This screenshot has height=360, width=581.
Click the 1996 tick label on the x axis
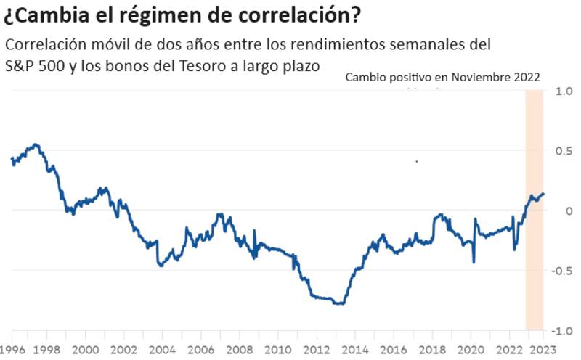click(12, 348)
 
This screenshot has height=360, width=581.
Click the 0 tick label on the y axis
click(569, 210)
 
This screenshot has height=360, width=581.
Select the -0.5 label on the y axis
click(561, 271)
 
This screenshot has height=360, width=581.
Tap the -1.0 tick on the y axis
click(561, 331)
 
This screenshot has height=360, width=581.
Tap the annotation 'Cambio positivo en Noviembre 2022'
click(442, 77)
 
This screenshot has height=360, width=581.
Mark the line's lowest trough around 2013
click(339, 303)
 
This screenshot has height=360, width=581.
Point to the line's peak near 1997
click(36, 144)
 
